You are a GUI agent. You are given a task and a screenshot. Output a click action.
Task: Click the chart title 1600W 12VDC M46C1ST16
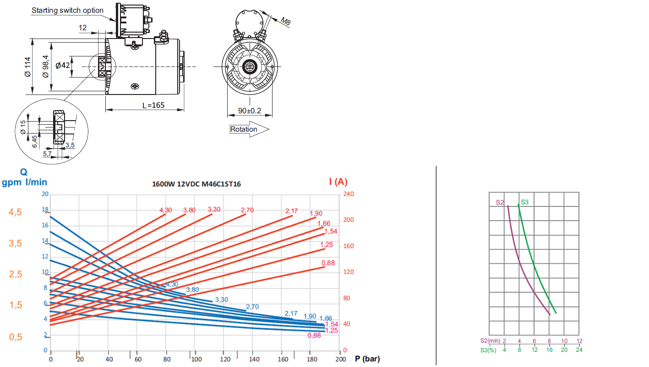196,184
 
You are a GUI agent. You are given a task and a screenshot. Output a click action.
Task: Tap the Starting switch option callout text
67,11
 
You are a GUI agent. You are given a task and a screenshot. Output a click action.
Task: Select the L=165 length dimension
153,105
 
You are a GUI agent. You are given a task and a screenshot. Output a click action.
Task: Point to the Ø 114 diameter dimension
27,67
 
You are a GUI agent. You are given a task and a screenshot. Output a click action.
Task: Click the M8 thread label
286,21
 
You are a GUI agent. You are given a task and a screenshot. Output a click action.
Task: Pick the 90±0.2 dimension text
250,111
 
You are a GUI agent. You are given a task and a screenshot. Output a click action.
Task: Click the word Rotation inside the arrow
244,129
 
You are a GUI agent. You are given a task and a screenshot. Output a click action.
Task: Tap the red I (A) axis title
338,182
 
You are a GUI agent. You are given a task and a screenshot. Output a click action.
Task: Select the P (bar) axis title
367,359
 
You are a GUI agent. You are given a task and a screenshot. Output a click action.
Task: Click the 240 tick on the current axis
349,194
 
